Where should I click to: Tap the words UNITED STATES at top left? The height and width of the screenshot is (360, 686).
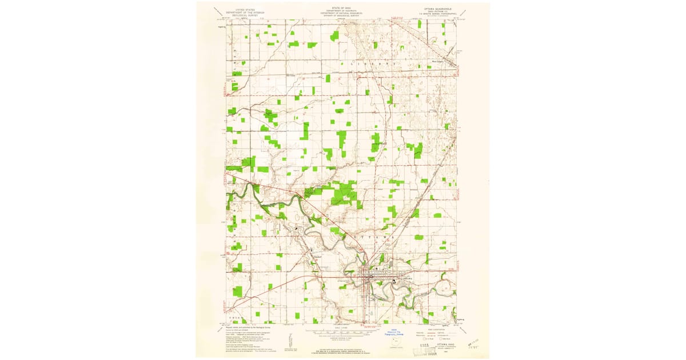point(240,9)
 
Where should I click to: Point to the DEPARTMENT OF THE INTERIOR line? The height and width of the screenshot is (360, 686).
point(240,12)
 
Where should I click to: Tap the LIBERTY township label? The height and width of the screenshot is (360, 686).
point(372,65)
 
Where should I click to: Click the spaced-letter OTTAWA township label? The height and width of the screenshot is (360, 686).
point(374,237)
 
